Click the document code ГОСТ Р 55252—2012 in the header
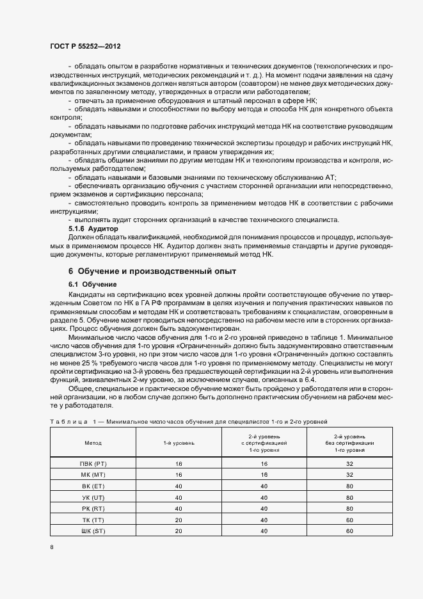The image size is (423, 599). tap(85, 47)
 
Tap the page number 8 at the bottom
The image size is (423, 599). tap(52, 547)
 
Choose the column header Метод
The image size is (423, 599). tap(93, 442)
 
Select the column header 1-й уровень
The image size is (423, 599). tap(179, 442)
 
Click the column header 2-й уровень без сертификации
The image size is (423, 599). tap(349, 442)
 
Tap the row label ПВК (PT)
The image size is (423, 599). tap(93, 463)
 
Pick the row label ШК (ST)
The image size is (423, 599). tap(93, 531)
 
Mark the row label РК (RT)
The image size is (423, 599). tap(93, 508)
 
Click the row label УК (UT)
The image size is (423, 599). tap(93, 497)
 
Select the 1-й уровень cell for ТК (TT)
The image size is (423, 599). tap(179, 520)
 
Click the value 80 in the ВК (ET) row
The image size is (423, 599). tap(349, 486)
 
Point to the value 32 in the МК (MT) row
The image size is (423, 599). tap(349, 474)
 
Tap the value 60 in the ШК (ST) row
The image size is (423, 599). tap(349, 531)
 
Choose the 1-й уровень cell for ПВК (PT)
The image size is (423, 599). tap(179, 463)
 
